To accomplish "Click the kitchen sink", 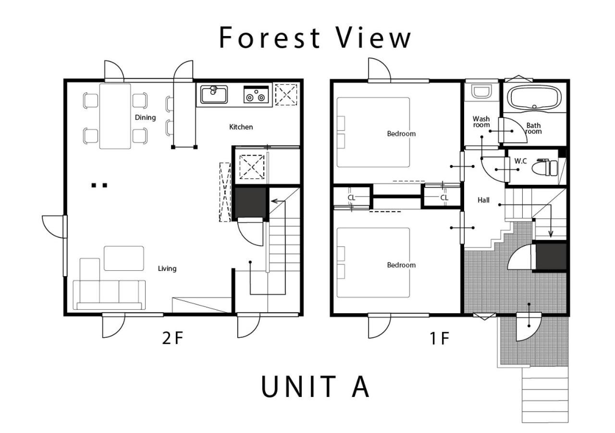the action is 214,94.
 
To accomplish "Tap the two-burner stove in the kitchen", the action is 256,94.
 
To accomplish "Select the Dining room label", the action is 145,118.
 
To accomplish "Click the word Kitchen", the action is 241,127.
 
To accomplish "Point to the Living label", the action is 167,268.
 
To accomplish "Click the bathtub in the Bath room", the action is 534,98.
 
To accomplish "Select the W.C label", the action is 520,161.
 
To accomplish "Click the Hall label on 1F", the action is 483,200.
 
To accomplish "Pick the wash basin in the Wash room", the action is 481,91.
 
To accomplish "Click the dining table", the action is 115,116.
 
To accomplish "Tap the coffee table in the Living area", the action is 124,258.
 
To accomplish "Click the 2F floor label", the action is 172,338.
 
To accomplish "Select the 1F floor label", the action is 440,338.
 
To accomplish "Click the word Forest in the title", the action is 270,38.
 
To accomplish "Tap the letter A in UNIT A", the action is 360,386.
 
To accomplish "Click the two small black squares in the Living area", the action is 99,185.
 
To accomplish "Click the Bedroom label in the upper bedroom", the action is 401,134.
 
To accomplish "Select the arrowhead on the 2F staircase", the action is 273,202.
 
